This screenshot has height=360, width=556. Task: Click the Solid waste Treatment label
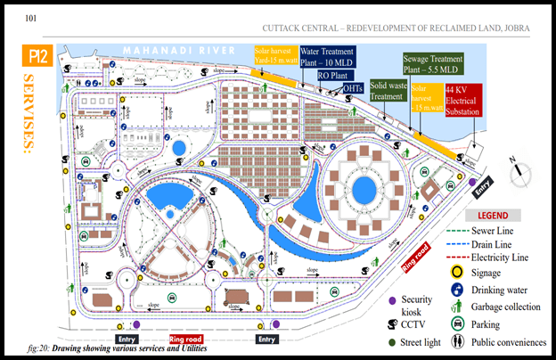click(389, 91)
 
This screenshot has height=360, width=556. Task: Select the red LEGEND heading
click(493, 216)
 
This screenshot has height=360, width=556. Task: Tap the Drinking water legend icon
click(458, 289)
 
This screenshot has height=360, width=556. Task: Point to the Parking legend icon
click(458, 324)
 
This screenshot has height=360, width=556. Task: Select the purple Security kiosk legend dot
click(392, 299)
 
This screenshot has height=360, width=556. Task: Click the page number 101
click(31, 18)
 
